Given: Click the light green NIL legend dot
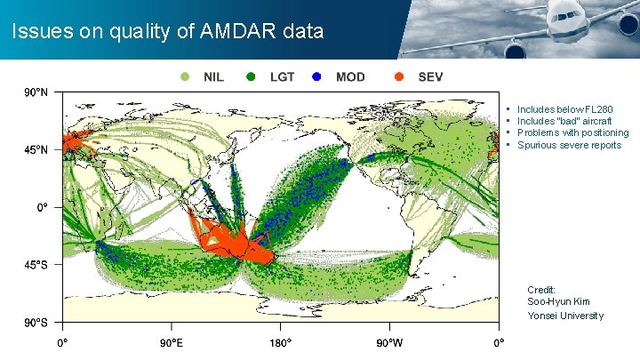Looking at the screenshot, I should click(x=185, y=77).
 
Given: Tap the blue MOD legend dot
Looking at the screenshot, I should click(x=317, y=77).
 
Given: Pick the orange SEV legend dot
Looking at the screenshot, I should click(x=399, y=77).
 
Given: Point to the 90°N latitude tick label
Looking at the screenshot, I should click(x=36, y=92).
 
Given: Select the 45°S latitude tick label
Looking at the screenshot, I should click(x=36, y=264).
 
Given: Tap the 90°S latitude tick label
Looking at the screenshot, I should click(x=36, y=322).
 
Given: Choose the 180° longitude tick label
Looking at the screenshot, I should click(x=280, y=342).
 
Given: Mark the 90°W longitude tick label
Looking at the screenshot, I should click(x=389, y=342).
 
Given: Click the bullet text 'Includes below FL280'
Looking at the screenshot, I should click(x=564, y=110).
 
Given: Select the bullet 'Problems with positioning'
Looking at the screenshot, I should click(x=572, y=133).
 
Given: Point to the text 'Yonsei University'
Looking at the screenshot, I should click(x=565, y=316).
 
